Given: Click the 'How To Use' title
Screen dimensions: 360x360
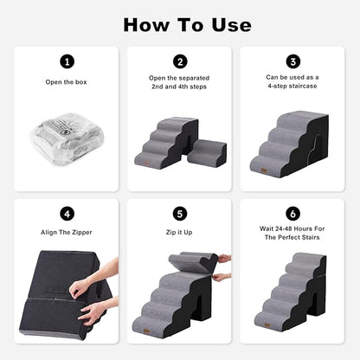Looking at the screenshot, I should (179, 23).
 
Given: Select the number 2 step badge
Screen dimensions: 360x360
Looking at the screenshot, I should (179, 61).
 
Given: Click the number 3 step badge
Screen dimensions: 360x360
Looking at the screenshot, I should (294, 61).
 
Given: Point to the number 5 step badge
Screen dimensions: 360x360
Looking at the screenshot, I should (179, 214).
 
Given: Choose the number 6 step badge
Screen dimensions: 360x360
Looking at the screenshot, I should (294, 214).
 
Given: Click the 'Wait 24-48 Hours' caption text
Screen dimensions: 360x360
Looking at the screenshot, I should (294, 231).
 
